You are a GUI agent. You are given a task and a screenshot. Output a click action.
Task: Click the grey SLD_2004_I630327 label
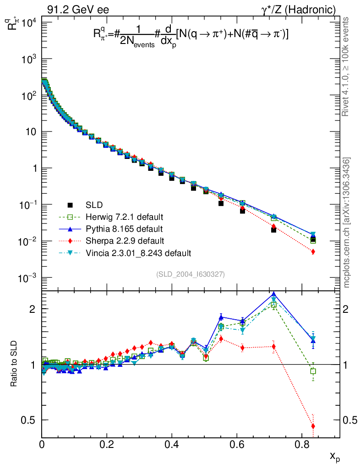(x=190, y=274)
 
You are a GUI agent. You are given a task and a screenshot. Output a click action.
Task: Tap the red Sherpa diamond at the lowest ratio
(x=313, y=426)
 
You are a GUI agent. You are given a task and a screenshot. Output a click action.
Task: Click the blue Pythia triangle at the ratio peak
(x=274, y=294)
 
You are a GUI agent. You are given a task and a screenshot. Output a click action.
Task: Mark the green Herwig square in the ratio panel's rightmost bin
(x=313, y=371)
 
